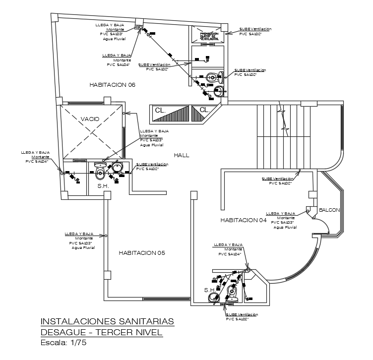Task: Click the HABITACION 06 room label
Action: [x=113, y=85]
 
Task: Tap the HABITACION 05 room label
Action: [x=142, y=253]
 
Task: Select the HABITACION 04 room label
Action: [x=244, y=220]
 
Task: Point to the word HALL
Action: [x=182, y=155]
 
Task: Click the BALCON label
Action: [x=329, y=210]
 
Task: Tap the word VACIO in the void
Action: [x=89, y=119]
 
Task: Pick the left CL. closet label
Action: [x=160, y=110]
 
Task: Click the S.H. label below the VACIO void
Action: [x=103, y=186]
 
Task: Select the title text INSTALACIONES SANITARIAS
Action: [x=107, y=322]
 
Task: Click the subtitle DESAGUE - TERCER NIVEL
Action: [x=101, y=332]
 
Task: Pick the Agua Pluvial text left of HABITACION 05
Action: [x=83, y=247]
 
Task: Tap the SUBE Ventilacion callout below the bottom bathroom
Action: [x=242, y=317]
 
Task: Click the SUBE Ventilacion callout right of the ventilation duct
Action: [x=255, y=32]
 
